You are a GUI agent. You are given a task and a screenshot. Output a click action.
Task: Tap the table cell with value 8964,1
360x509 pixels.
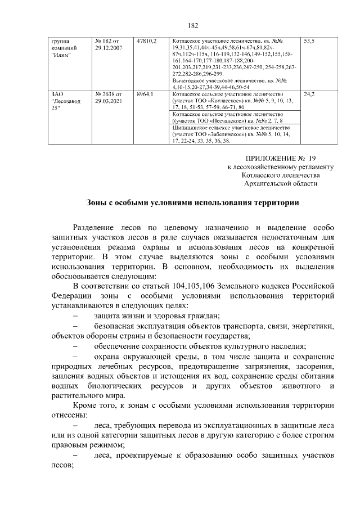145,94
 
